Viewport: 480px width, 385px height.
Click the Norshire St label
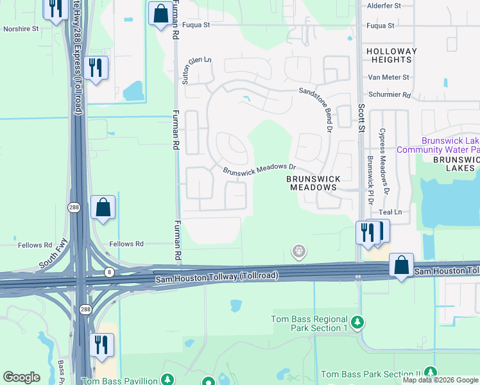21,29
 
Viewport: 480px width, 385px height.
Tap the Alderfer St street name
383,5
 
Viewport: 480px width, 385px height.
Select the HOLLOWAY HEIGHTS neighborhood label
391,55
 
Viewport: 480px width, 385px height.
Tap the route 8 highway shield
109,273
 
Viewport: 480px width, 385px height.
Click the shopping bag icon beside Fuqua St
159,13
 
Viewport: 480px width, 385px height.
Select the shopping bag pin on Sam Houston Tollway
401,264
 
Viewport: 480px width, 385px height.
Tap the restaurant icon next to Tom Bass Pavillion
101,345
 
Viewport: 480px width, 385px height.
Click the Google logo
22,377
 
